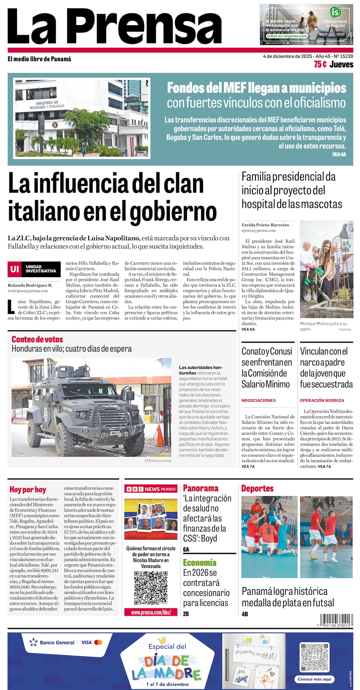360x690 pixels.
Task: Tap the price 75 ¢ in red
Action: (x=320, y=64)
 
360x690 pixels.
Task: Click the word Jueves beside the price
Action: (x=341, y=64)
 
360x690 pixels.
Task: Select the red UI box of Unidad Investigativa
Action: (x=14, y=269)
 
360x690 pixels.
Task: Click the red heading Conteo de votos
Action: (x=37, y=339)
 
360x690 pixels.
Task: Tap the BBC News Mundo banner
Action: (x=151, y=489)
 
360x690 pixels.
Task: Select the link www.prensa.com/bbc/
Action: (x=151, y=612)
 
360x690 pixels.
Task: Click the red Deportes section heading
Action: (x=257, y=489)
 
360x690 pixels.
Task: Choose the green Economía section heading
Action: (x=199, y=562)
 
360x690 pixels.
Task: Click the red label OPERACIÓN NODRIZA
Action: (x=322, y=400)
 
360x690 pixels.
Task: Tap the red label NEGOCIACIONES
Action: (x=259, y=400)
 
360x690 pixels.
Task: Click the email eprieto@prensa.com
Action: (x=259, y=230)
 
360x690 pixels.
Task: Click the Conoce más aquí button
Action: (x=314, y=679)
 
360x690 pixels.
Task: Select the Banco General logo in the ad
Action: (x=52, y=642)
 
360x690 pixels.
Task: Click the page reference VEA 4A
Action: (x=339, y=154)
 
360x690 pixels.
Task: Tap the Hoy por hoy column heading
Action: (x=28, y=490)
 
